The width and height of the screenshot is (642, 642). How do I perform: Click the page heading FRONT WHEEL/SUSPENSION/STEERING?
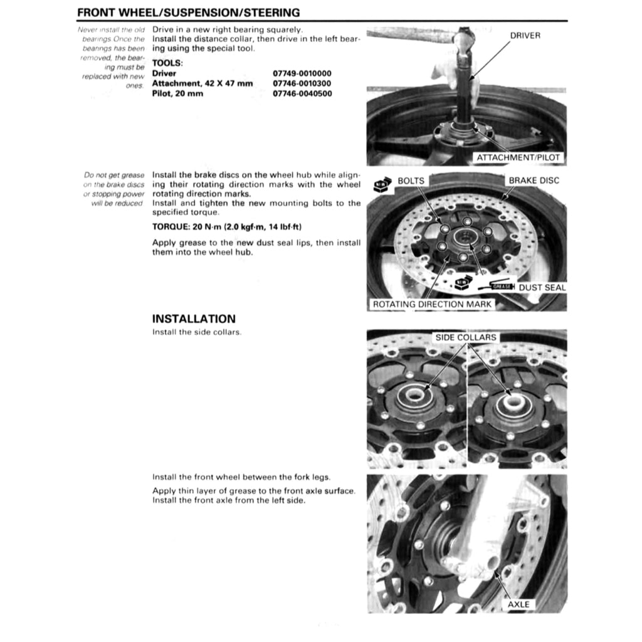pyautogui.click(x=188, y=13)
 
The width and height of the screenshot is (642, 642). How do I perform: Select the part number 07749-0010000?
pyautogui.click(x=302, y=73)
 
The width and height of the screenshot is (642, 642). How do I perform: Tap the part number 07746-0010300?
pyautogui.click(x=302, y=83)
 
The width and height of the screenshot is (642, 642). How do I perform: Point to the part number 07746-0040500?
pyautogui.click(x=302, y=93)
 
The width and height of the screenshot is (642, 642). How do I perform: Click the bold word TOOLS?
pyautogui.click(x=167, y=63)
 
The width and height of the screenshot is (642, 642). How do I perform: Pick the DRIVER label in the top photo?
pyautogui.click(x=525, y=36)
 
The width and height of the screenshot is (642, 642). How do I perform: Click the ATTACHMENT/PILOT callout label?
pyautogui.click(x=518, y=157)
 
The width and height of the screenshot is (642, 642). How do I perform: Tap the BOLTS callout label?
pyautogui.click(x=411, y=181)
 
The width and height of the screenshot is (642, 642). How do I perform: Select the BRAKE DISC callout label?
pyautogui.click(x=534, y=181)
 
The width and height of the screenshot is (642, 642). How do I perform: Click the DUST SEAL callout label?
pyautogui.click(x=542, y=288)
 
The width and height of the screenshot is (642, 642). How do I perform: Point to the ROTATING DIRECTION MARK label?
pyautogui.click(x=433, y=304)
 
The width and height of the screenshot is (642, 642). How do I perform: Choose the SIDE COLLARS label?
pyautogui.click(x=466, y=337)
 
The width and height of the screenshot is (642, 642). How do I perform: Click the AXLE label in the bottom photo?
pyautogui.click(x=518, y=604)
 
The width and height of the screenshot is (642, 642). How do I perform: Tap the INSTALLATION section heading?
pyautogui.click(x=194, y=318)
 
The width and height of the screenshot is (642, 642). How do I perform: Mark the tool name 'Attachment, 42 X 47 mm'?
pyautogui.click(x=202, y=83)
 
